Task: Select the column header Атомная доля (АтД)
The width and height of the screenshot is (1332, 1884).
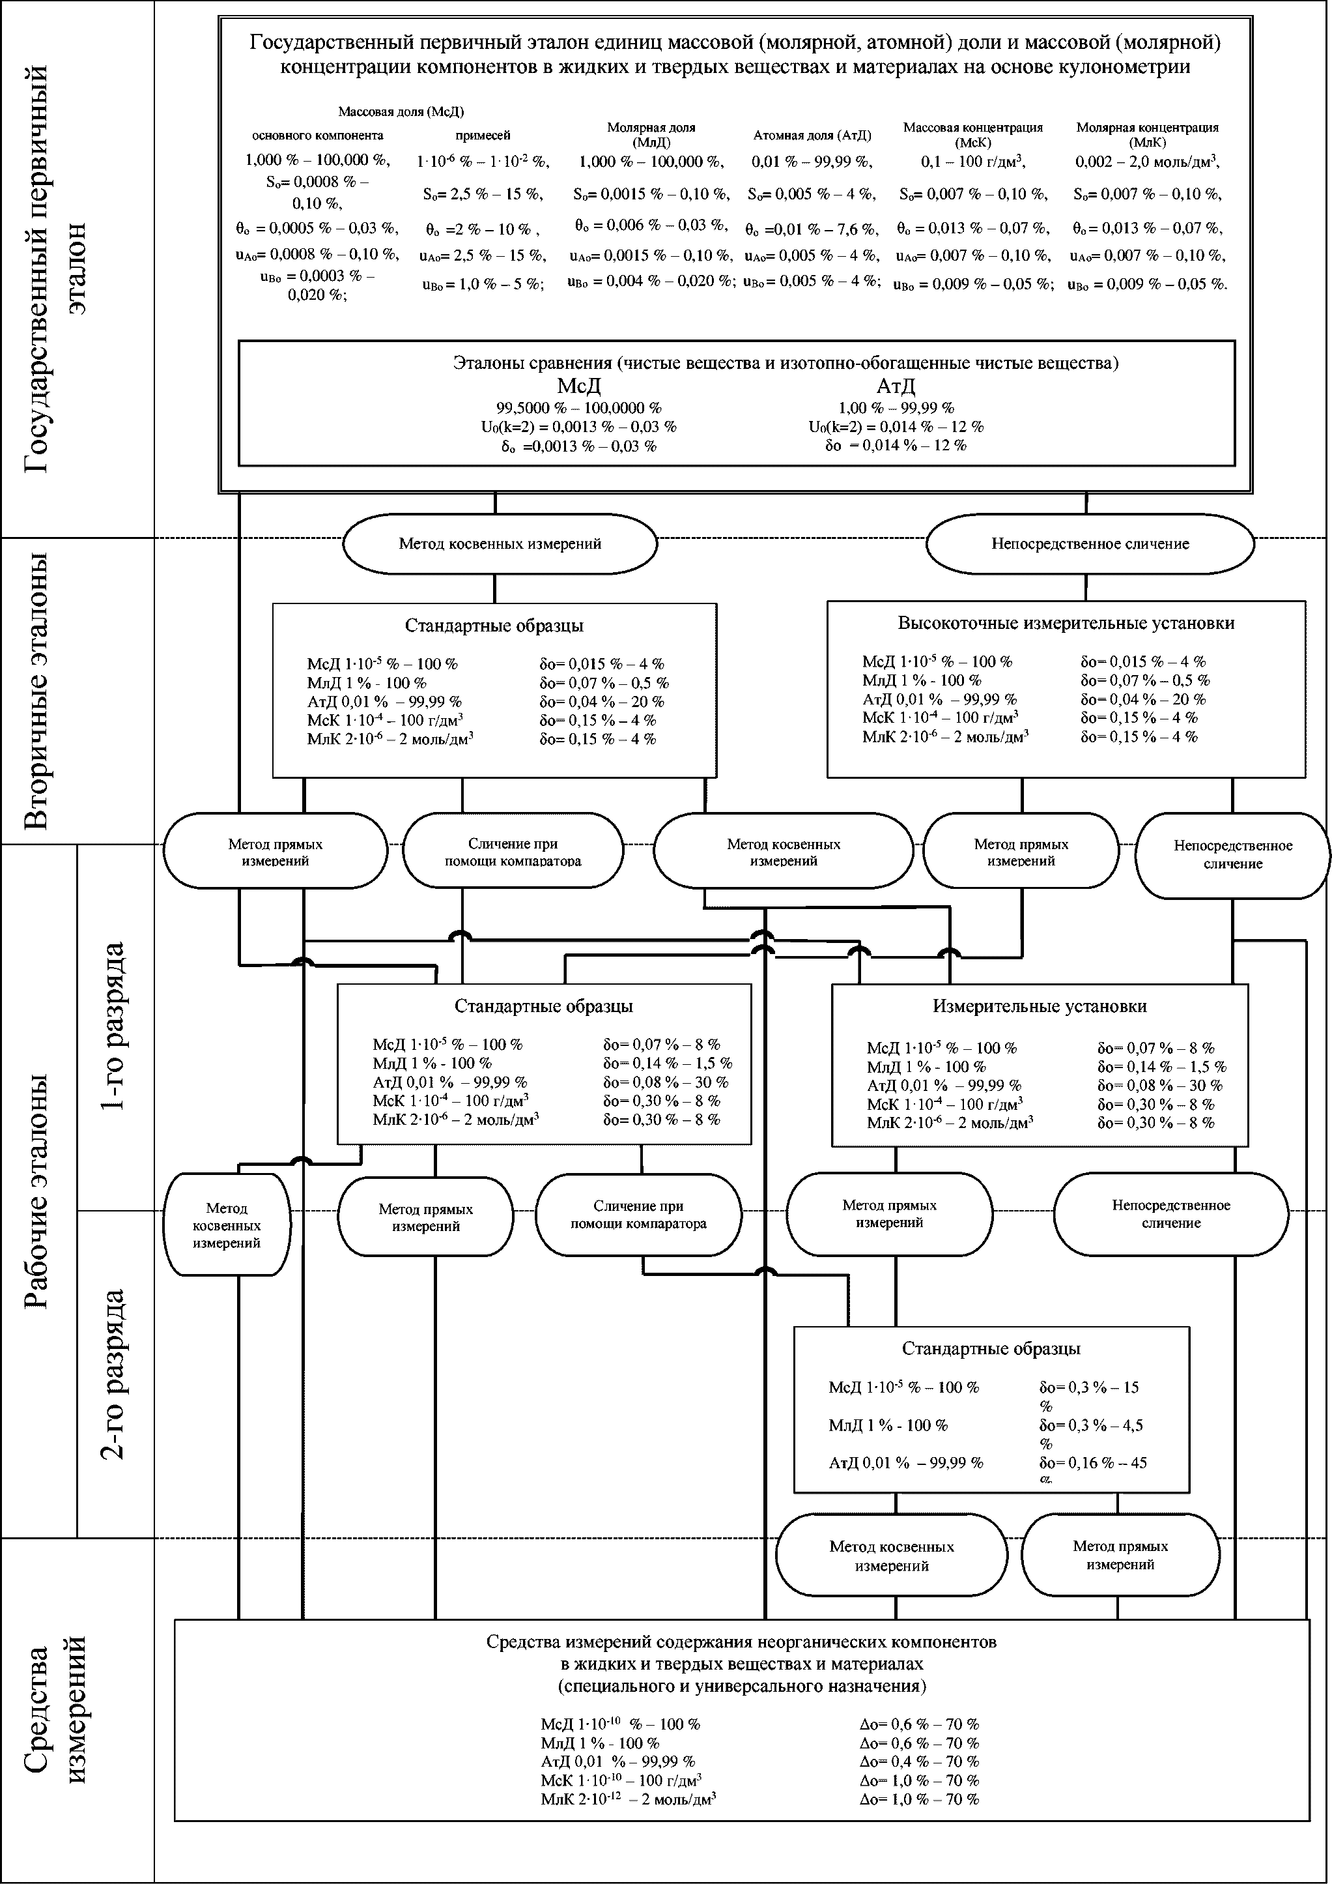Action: [x=812, y=136]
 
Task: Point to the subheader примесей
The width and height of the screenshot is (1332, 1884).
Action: [x=483, y=136]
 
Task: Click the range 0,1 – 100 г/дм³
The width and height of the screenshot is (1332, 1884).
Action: [x=972, y=162]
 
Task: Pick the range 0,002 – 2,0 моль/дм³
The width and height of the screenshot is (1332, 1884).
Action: [x=1146, y=162]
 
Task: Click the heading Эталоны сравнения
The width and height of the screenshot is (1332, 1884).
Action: [x=533, y=363]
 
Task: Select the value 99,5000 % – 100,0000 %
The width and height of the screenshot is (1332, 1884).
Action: [x=578, y=408]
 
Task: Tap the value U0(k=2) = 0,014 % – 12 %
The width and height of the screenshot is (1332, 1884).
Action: [x=896, y=427]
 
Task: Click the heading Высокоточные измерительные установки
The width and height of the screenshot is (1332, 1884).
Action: [x=1066, y=623]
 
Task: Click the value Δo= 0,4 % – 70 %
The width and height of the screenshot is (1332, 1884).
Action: [x=918, y=1761]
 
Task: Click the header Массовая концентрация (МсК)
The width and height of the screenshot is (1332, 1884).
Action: [x=972, y=134]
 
